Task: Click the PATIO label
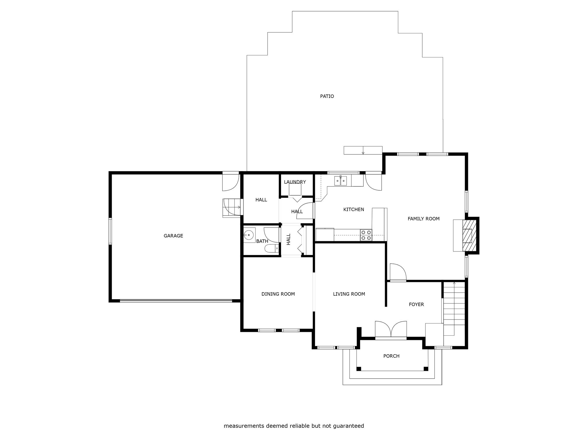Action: click(327, 96)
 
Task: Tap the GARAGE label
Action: click(173, 236)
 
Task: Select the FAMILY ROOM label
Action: click(423, 219)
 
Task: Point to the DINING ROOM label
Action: click(278, 294)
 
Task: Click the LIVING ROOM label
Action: click(349, 294)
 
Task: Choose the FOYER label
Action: click(416, 304)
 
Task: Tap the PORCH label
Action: click(391, 356)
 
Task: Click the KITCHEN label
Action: click(354, 210)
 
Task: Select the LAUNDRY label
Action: click(295, 182)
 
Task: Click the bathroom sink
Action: click(249, 235)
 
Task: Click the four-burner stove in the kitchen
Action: click(366, 235)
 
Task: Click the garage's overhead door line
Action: click(176, 301)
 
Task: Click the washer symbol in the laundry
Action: click(295, 190)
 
